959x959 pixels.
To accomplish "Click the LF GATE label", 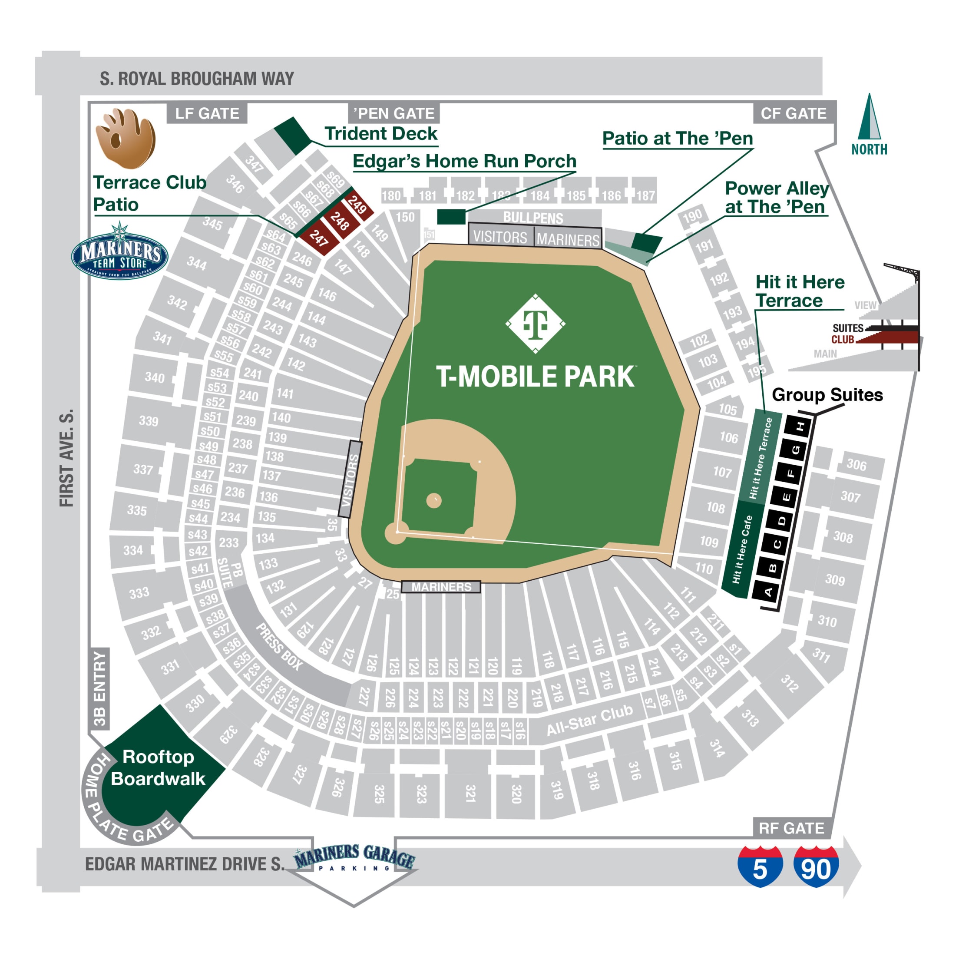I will [207, 114].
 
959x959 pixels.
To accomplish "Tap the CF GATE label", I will [793, 114].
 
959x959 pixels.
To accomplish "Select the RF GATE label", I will [791, 828].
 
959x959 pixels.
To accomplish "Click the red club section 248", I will [340, 222].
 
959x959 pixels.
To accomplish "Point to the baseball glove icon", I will [126, 138].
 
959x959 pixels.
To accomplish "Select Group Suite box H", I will [800, 427].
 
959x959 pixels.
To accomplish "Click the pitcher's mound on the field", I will [434, 500].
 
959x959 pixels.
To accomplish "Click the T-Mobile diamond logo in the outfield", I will [535, 324].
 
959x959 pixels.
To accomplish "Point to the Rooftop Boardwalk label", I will [158, 767].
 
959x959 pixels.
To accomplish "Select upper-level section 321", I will [470, 793].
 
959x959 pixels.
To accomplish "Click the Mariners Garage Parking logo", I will [354, 859].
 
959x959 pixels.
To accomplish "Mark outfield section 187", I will [645, 195].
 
